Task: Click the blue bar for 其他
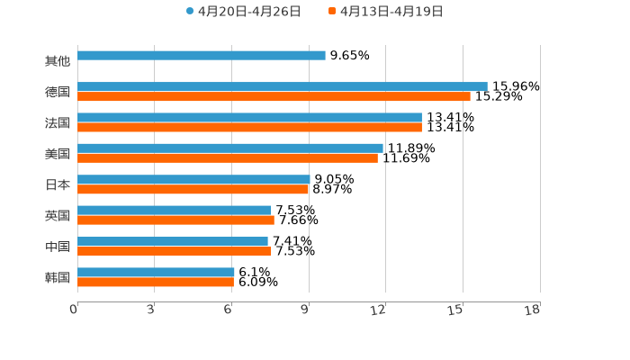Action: point(202,56)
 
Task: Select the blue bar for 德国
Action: point(283,86)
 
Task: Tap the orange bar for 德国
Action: point(274,96)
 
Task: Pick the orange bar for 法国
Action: point(249,127)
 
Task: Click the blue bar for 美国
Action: point(230,148)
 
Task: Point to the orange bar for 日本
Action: point(193,189)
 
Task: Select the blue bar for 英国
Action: point(175,210)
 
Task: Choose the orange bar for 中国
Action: point(175,251)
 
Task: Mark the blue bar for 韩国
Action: point(156,272)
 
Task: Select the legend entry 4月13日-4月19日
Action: point(391,12)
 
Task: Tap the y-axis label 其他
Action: point(58,61)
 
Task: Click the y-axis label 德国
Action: point(58,92)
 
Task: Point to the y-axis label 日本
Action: point(58,184)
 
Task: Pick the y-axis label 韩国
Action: point(58,277)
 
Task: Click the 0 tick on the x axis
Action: point(74,310)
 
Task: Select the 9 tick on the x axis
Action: point(306,310)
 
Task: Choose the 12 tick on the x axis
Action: point(379,310)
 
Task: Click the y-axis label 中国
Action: point(58,247)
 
